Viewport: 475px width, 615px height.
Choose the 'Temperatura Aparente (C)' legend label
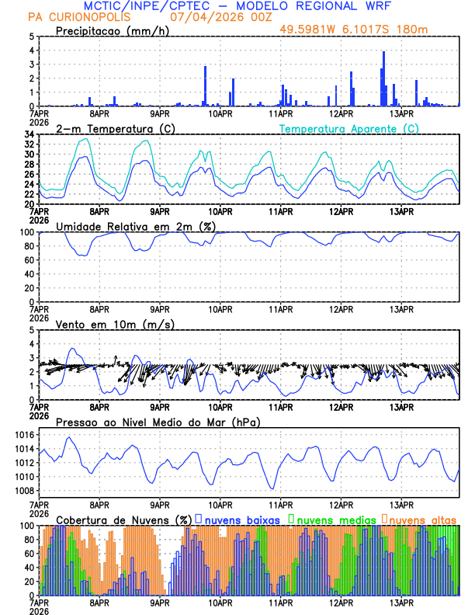coord(349,128)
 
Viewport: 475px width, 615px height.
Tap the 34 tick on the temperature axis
coord(29,134)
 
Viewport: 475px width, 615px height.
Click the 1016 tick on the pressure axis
coord(26,435)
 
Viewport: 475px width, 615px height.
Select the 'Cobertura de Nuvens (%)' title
coord(124,519)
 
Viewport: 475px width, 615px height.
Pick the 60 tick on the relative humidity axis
coord(29,260)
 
